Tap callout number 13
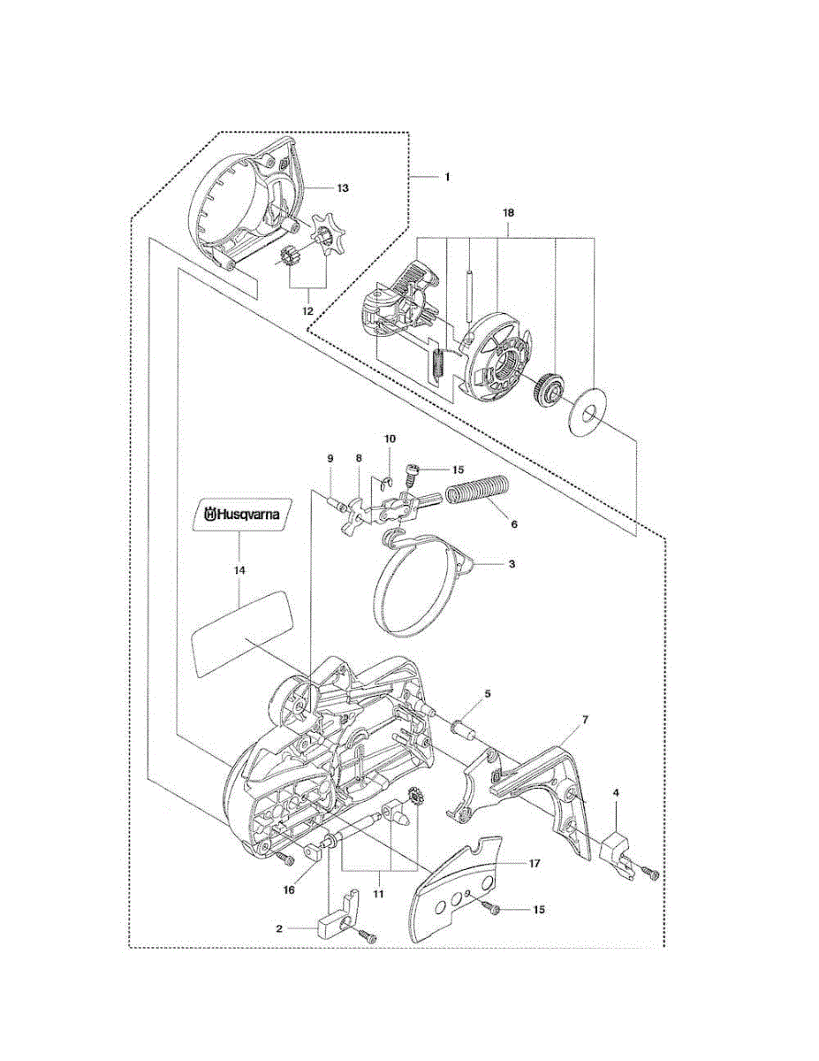[342, 187]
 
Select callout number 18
[508, 214]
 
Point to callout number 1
[447, 177]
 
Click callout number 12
[307, 310]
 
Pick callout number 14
[239, 571]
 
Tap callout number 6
[513, 523]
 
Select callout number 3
[512, 562]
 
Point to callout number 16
[288, 890]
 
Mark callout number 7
[584, 721]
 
